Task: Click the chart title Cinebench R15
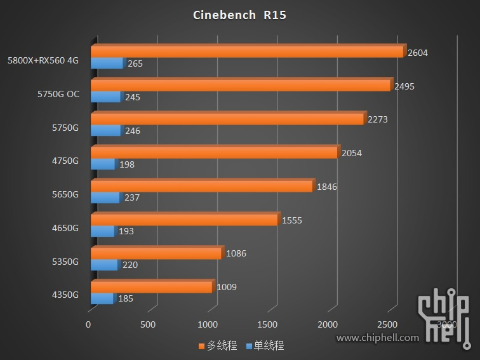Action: pos(239,15)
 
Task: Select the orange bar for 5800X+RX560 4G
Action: pos(248,51)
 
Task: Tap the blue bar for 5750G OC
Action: pos(106,97)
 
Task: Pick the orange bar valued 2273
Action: pos(227,119)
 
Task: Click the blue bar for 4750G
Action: pos(103,164)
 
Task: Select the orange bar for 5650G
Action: pos(202,186)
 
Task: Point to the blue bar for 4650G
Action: pos(103,231)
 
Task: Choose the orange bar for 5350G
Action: pos(156,253)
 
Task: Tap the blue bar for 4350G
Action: pos(102,298)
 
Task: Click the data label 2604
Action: pos(417,53)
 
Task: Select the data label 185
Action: pos(126,298)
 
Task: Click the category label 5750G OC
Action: pos(58,94)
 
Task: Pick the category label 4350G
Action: pos(65,295)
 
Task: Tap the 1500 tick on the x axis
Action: pos(267,324)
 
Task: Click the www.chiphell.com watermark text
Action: pos(377,338)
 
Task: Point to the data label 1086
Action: pos(236,254)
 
